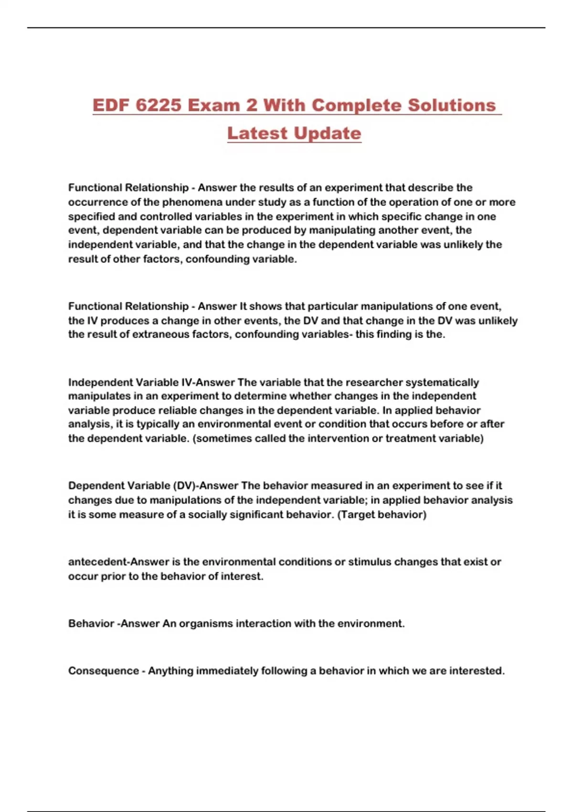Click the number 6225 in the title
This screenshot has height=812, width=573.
(159, 106)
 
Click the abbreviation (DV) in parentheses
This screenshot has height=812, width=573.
(186, 486)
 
